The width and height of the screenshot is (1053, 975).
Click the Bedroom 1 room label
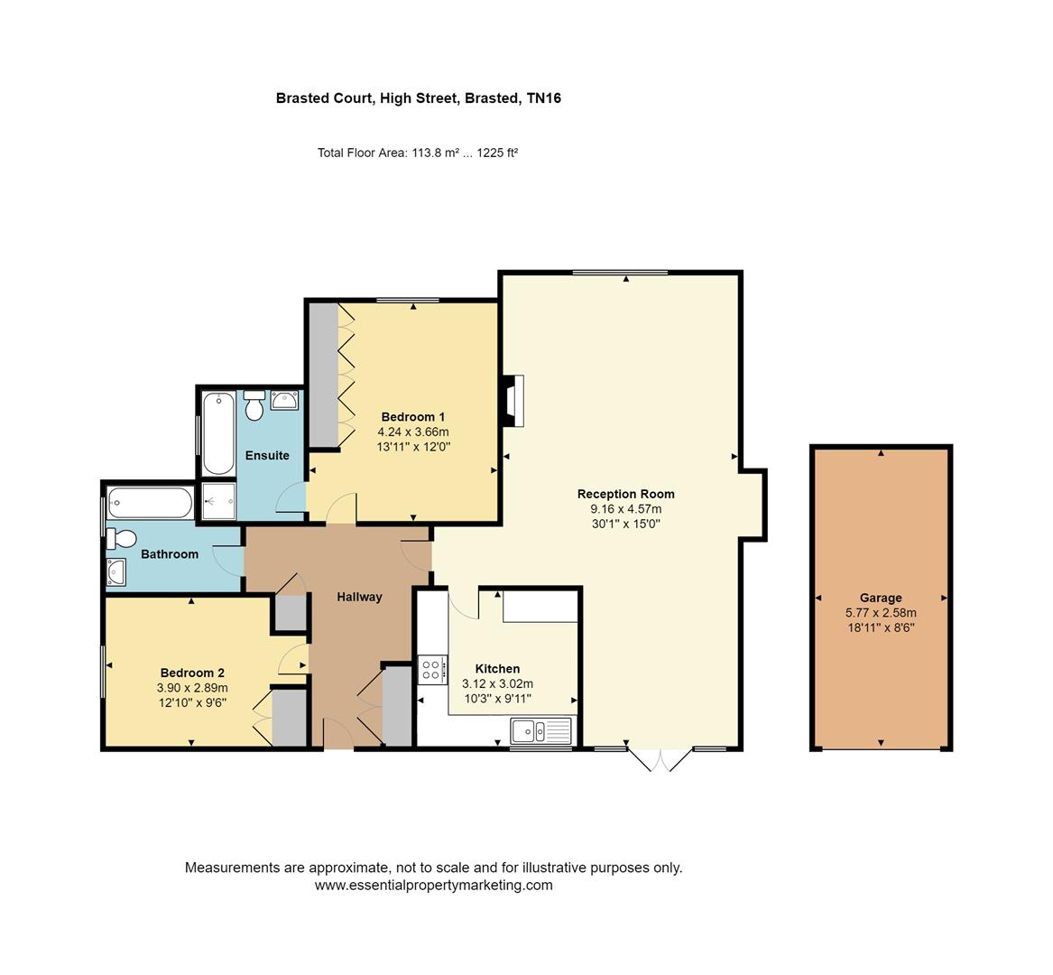413,416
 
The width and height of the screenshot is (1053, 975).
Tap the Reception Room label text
626,494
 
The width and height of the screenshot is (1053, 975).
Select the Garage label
881,598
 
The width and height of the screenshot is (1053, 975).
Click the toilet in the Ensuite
254,405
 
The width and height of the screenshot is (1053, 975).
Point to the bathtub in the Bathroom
151,503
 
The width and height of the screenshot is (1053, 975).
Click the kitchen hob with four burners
431,670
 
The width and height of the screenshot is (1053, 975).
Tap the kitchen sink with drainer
541,730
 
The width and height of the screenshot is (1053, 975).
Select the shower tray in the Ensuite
219,501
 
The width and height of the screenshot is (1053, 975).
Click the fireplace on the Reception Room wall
513,401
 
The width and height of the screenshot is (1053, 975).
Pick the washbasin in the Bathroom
115,571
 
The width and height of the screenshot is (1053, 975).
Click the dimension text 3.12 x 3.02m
497,684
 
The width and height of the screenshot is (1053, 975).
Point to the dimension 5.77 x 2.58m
881,613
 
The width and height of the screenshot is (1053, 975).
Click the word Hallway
359,597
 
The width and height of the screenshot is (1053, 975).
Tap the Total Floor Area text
418,153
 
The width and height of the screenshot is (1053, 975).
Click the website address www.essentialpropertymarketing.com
434,885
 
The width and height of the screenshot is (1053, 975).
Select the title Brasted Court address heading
419,98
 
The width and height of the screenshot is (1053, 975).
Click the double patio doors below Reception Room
660,759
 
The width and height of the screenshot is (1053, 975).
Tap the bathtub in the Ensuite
218,433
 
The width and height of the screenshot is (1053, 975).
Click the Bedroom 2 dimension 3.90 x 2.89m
192,688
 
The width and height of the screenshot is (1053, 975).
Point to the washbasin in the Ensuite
284,401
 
